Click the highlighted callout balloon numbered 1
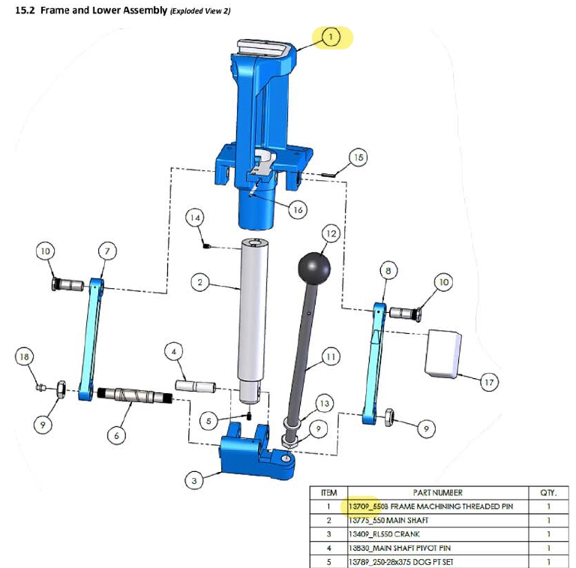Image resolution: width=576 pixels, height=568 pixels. [331, 36]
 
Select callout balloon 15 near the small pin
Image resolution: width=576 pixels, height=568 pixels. [358, 158]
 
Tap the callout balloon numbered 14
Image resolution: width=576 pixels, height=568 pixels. [196, 218]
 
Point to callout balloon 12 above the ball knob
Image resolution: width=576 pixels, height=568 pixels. [331, 233]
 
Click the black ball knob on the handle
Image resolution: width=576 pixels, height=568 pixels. [314, 267]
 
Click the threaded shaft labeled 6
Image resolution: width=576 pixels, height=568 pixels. [135, 395]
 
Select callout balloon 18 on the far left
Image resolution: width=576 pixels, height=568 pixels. [25, 356]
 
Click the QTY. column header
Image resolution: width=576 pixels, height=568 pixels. [548, 493]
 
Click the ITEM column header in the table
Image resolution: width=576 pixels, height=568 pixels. [328, 493]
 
